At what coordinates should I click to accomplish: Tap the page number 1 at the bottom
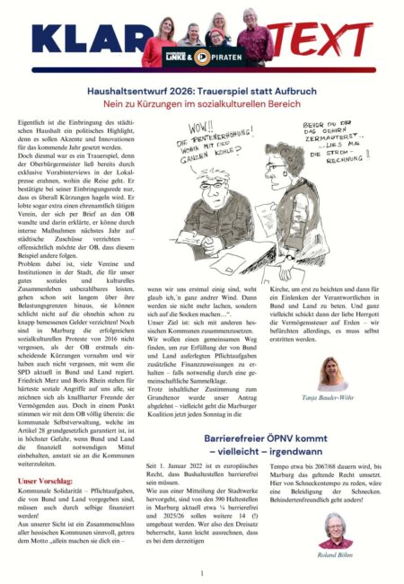click(202, 572)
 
